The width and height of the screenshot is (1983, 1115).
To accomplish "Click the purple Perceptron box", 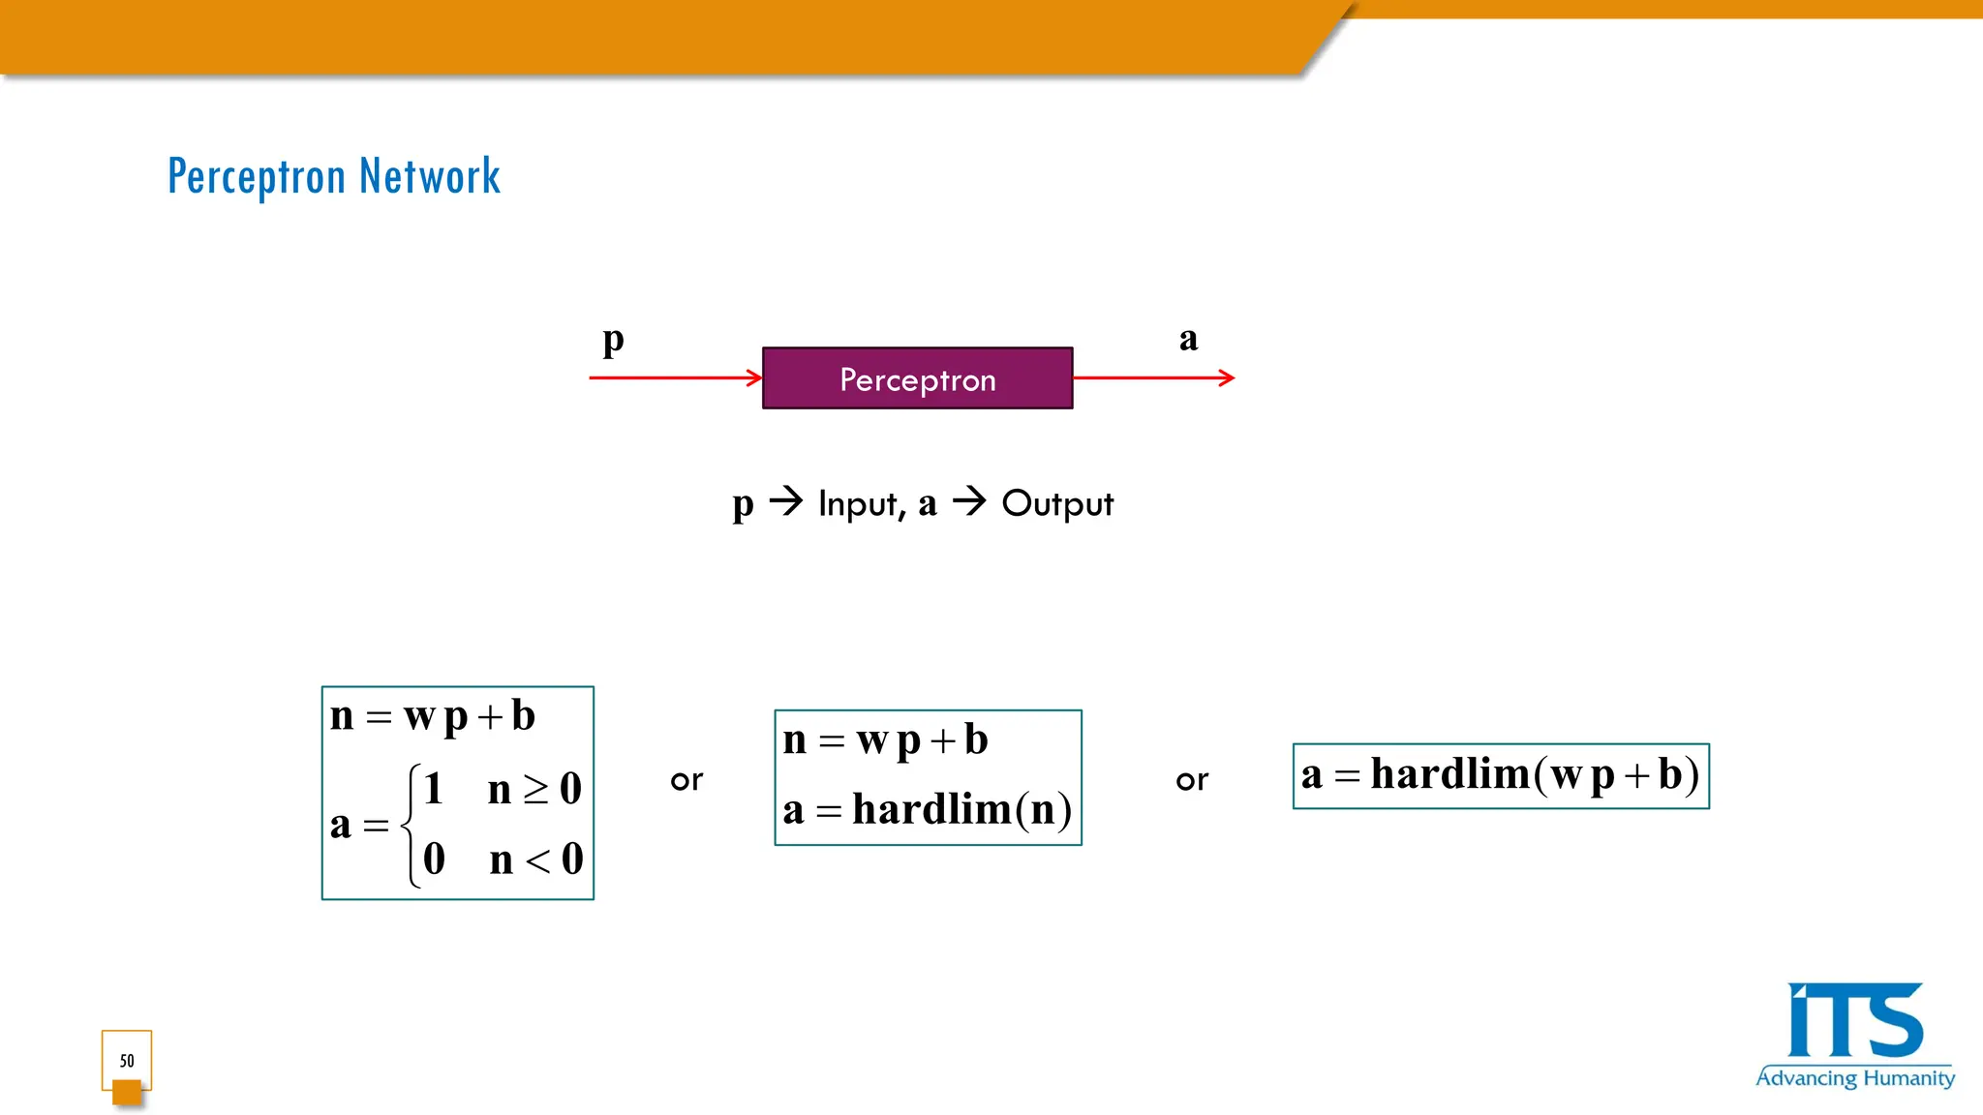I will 917,378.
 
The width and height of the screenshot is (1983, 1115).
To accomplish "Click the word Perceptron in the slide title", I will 257,177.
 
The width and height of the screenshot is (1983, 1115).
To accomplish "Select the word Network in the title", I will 430,177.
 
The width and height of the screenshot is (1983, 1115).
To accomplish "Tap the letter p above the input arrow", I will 613,340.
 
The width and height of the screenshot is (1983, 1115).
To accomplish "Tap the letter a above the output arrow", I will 1188,339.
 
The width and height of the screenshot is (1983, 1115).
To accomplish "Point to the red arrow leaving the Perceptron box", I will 1153,377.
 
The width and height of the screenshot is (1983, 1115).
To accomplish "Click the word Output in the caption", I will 1057,504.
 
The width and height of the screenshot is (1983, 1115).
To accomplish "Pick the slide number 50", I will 127,1061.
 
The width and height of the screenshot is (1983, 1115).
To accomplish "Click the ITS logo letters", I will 1854,1021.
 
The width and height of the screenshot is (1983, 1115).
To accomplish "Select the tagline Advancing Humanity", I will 1855,1078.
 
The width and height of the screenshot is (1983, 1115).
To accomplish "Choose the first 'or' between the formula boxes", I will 686,780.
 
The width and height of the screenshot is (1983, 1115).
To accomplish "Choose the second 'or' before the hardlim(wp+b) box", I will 1192,780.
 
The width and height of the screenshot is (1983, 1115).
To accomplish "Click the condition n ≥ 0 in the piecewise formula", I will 534,789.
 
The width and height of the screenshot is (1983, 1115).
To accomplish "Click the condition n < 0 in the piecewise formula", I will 536,859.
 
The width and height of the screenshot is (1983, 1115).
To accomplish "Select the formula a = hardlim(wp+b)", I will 1501,775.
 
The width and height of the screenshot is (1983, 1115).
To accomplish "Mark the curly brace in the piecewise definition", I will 412,825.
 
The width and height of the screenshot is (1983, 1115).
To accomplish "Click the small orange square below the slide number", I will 127,1092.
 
